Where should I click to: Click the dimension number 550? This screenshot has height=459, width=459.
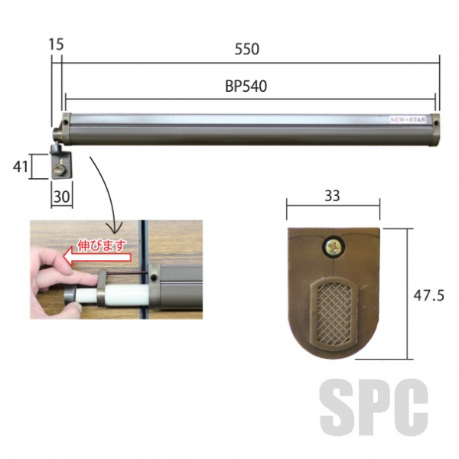coord(247,49)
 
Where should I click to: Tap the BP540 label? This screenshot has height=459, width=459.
coord(246,86)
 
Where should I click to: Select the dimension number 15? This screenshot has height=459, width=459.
coord(56,44)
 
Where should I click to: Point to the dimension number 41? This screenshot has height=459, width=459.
coord(20,167)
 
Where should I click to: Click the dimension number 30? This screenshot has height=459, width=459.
coord(62,197)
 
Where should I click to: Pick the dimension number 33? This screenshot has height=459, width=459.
coord(332,196)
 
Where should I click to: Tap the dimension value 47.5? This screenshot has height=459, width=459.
coord(428,295)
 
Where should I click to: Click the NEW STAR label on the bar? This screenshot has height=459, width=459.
coord(408,119)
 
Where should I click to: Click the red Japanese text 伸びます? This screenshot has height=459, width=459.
coord(102,246)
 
